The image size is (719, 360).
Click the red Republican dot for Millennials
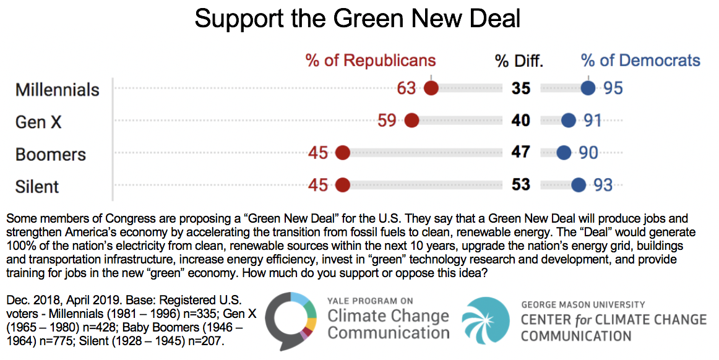coord(431,88)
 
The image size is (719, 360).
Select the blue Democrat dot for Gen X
coord(568,121)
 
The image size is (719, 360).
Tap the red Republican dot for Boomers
coord(342,152)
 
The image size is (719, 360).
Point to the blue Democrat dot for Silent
coord(579,184)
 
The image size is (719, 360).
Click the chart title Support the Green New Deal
coord(357,19)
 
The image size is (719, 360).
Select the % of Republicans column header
coord(371,61)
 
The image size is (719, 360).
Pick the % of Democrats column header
coord(640,61)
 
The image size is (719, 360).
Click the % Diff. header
coord(519,61)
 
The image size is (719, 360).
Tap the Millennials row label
coord(57,90)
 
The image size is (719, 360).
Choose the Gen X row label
coord(38,122)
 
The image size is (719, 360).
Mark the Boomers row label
coord(51,154)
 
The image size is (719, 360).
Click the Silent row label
coord(37,186)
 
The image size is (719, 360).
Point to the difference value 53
coord(521,185)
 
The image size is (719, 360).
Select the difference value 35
coord(521,88)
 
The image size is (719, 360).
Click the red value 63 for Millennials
coord(407,88)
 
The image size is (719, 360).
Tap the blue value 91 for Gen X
coord(593,121)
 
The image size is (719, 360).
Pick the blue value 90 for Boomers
coord(588,153)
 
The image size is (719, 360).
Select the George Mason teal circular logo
coord(489,320)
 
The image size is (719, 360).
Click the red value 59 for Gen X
coord(387,121)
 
